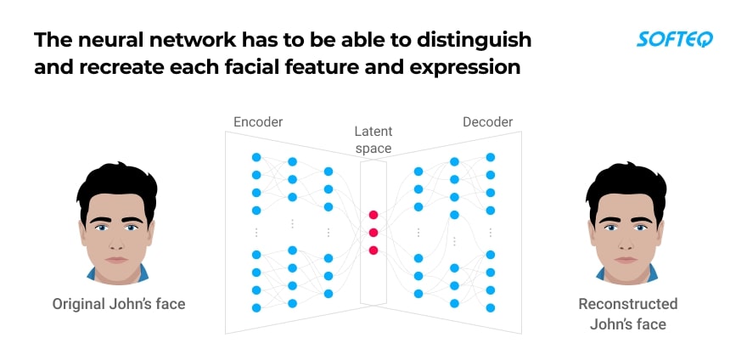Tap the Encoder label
pyautogui.click(x=258, y=122)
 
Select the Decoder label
pyautogui.click(x=487, y=122)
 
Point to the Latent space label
pyautogui.click(x=373, y=140)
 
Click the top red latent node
pyautogui.click(x=373, y=215)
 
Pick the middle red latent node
pyautogui.click(x=373, y=233)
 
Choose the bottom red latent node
pyautogui.click(x=373, y=250)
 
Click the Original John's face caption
pyautogui.click(x=119, y=303)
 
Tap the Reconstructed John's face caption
pyautogui.click(x=627, y=313)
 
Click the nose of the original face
pyautogui.click(x=115, y=242)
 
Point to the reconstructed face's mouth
pyautogui.click(x=626, y=259)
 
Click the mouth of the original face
pyautogui.click(x=115, y=259)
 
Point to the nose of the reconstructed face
pyautogui.click(x=626, y=242)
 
